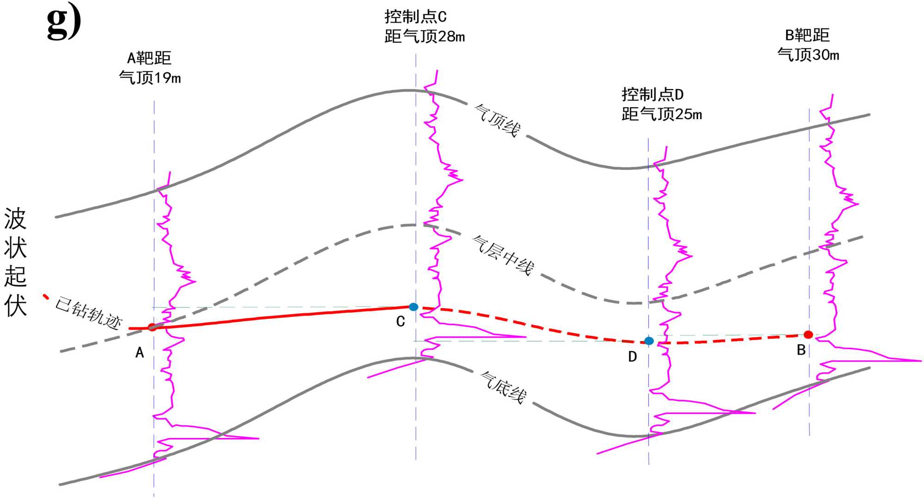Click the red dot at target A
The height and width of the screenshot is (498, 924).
152,328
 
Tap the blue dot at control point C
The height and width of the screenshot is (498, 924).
413,307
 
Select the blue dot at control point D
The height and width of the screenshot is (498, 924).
649,341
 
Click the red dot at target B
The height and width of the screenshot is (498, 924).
808,334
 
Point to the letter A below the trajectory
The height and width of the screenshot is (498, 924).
140,353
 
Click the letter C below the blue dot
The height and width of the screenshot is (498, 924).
401,322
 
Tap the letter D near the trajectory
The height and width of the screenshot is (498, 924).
632,357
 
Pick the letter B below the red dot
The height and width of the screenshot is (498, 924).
802,350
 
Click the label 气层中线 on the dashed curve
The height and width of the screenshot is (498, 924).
503,255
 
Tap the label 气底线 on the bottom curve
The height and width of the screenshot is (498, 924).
504,387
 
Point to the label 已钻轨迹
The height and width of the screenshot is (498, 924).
88,313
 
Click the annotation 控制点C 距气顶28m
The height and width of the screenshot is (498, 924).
424,27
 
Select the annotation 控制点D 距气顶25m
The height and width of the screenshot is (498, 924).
661,104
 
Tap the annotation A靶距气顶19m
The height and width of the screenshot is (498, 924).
150,68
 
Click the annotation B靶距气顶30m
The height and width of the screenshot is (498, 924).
808,45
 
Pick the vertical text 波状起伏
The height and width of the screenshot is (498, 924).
15,261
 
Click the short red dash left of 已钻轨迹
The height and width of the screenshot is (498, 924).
46,297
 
